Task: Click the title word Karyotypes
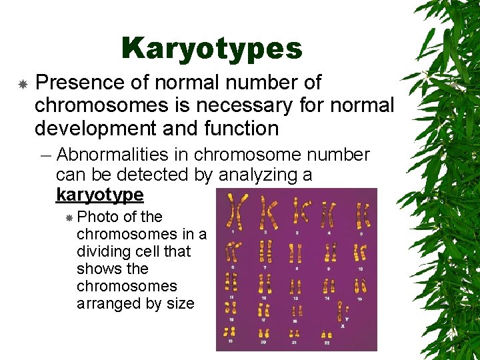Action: (x=212, y=48)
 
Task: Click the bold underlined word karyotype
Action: (x=99, y=195)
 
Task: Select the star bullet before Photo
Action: (x=68, y=218)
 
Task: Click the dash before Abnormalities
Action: (x=44, y=155)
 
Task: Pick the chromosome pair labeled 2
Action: (x=268, y=212)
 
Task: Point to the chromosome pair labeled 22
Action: (x=326, y=334)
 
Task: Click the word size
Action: (x=180, y=303)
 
